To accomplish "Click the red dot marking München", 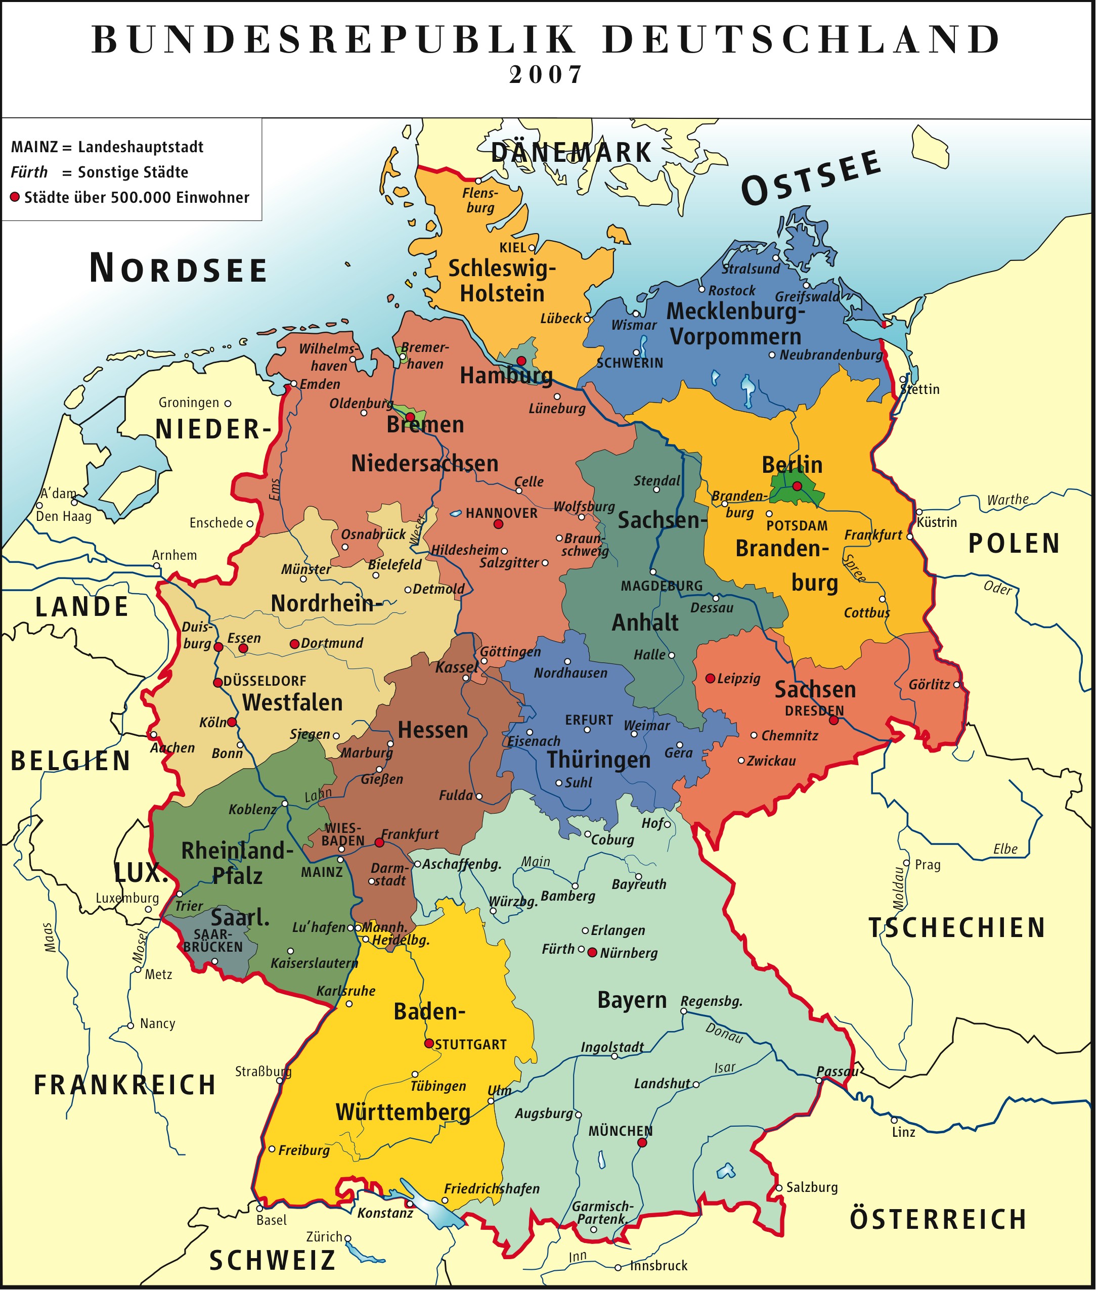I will point(642,1142).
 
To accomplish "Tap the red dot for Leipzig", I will point(710,678).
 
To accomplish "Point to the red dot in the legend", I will point(15,197).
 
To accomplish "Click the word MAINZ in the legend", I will point(34,148).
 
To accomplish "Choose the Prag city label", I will point(927,865).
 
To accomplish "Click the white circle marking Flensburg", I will point(478,181).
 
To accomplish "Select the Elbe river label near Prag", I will point(1005,849).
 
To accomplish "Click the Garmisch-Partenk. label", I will point(601,1213).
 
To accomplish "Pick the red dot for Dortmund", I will point(294,644).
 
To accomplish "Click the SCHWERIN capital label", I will point(630,363).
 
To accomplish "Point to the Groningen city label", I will point(189,403).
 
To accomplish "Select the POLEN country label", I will point(1014,544).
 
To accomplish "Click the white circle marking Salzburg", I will point(779,1188).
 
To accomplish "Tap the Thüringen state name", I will point(598,760).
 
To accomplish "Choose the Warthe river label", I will point(1007,499).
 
